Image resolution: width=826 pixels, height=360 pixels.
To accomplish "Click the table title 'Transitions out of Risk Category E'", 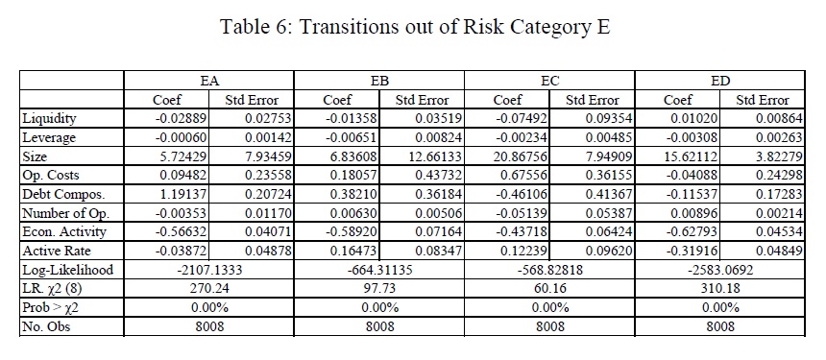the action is tap(454, 26).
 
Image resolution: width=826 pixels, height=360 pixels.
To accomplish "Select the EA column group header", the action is tap(209, 81).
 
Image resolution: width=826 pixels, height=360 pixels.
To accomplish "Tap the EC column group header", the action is tap(550, 81).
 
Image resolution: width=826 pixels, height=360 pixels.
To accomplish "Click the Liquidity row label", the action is tap(49, 118).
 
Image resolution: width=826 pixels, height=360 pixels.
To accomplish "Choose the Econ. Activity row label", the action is tap(63, 232).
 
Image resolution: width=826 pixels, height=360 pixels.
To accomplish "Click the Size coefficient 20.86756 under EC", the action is tap(521, 156).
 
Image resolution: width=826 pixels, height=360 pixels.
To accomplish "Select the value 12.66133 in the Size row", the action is tap(436, 156).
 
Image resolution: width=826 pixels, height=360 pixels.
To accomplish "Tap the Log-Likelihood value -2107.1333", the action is tap(209, 270).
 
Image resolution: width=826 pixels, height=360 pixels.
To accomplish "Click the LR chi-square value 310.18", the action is tap(720, 289).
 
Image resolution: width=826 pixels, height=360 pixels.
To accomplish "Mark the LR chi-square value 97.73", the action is tap(379, 289).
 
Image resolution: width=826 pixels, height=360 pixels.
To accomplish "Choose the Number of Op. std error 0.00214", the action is tap(780, 213).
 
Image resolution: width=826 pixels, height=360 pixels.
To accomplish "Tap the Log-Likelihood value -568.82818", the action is tap(550, 270).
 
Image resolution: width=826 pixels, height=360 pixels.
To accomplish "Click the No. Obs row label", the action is tap(46, 326).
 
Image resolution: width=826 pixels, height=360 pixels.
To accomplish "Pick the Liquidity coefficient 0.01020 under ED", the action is tap(694, 118).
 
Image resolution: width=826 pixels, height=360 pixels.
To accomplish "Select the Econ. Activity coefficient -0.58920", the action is tap(351, 232).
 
